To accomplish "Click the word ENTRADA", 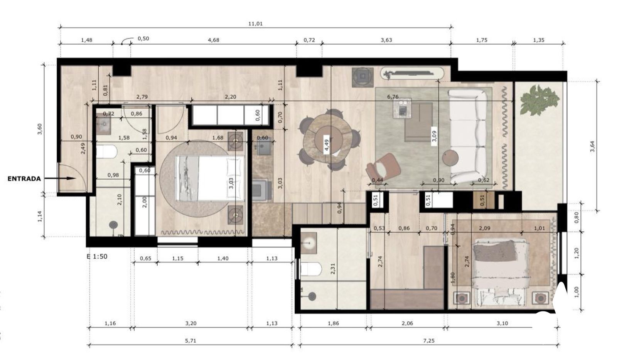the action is [x=24, y=178].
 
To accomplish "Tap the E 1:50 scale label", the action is [x=97, y=257].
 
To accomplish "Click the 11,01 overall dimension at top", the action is [x=255, y=24].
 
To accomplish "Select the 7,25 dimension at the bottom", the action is [x=428, y=341].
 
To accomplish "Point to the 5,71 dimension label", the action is [x=190, y=341].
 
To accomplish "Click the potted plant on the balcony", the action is [x=539, y=100].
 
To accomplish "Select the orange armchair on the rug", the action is [x=383, y=167].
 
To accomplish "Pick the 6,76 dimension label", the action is [x=393, y=97].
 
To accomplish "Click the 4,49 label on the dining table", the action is [x=326, y=145].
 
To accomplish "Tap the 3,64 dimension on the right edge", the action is [x=592, y=146].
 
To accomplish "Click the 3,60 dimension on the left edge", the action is [x=40, y=129].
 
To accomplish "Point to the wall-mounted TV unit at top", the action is [x=412, y=74].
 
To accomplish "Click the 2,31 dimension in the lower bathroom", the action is [x=333, y=269].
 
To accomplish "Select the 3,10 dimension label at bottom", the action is [x=502, y=323].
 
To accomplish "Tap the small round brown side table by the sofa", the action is [x=451, y=158].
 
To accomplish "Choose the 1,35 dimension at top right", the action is [x=539, y=40].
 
